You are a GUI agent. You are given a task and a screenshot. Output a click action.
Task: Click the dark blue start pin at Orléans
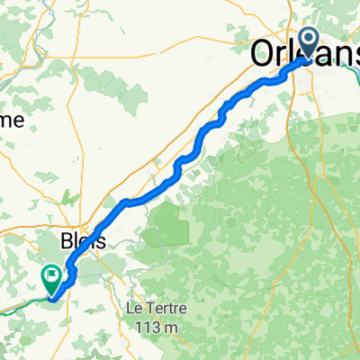coord(308,41)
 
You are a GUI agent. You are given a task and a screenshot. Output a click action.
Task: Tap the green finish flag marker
coord(52,278)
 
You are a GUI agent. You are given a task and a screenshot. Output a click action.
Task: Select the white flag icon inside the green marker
coord(52,275)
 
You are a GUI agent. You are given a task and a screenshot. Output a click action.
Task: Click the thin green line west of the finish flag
coord(18,303)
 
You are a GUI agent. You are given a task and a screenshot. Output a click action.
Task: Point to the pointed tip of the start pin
coord(308,61)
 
